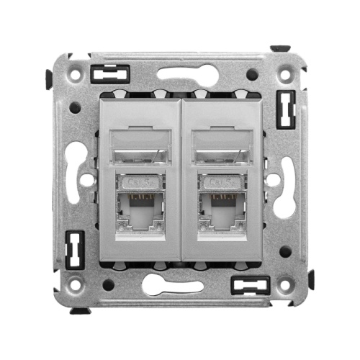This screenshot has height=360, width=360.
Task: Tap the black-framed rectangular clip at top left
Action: [110, 73]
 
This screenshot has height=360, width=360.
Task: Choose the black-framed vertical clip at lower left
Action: [73, 249]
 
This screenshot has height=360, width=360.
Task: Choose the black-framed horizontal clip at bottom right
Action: [249, 285]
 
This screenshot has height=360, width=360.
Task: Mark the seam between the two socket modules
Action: [180, 180]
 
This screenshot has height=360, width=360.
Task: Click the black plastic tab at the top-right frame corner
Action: [280, 50]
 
